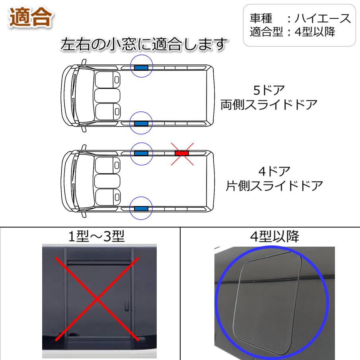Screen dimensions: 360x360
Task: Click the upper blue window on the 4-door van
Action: [141, 153]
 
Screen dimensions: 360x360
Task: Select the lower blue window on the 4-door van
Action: [141, 208]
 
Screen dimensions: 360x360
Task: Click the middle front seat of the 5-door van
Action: [107, 95]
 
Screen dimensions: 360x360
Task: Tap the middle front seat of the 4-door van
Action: [107, 181]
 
